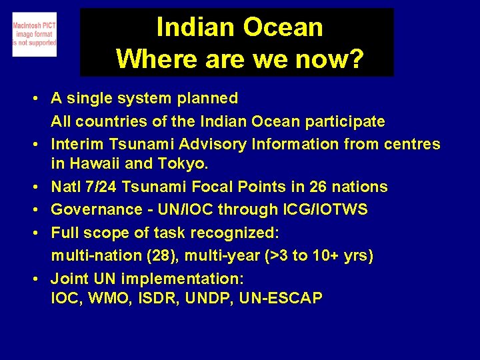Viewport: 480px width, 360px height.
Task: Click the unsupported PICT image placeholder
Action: (35, 34)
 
